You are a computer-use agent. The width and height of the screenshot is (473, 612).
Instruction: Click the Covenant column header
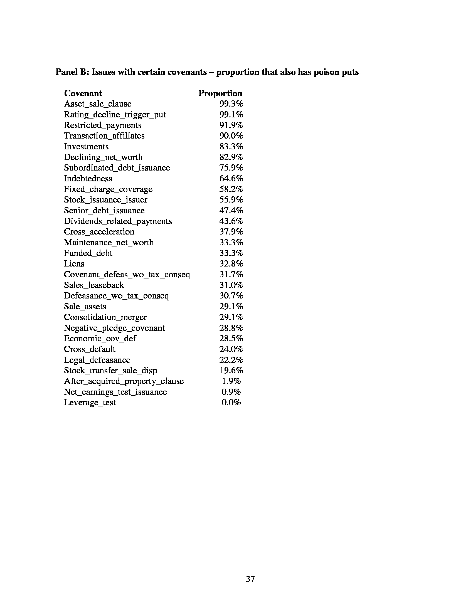coord(83,93)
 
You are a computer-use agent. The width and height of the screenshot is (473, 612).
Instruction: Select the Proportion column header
coord(220,93)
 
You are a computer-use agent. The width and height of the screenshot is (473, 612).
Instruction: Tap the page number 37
coord(250,579)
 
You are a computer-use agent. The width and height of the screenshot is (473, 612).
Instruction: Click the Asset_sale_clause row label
coord(97,104)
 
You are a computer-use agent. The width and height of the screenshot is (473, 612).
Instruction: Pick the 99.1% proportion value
coord(231,115)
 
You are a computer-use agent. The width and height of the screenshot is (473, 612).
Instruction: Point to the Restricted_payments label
coord(103,125)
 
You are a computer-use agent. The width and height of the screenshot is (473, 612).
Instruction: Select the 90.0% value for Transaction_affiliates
coord(231,136)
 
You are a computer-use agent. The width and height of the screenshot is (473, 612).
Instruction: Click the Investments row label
coord(86,147)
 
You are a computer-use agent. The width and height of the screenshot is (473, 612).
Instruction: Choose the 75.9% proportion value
coord(231,168)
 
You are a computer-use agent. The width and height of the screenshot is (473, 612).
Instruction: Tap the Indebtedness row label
coord(88,179)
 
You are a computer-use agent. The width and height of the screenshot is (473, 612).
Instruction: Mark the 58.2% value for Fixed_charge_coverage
coord(231,189)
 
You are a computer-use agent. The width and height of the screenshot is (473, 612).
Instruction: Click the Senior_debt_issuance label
coord(104,211)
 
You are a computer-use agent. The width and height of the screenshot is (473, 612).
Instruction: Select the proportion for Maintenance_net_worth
coord(231,242)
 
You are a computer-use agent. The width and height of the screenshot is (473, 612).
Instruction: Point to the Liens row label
coord(74,264)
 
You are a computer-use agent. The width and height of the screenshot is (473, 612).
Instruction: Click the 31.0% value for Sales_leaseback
coord(231,285)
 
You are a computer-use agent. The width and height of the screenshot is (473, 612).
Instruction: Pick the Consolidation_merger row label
coord(105,317)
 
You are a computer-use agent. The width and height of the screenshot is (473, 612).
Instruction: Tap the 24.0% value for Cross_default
coord(231,349)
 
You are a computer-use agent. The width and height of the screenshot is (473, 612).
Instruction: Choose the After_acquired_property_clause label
coord(124,381)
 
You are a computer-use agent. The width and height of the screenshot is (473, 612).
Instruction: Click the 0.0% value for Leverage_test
coord(231,403)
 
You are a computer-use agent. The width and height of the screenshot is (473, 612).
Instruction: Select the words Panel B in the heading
coord(72,72)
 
